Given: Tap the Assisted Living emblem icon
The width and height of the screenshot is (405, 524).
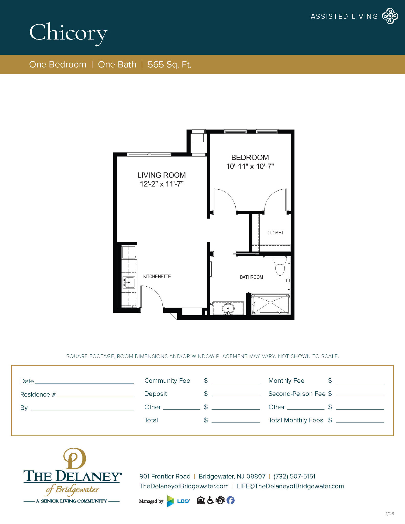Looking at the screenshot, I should (x=390, y=16).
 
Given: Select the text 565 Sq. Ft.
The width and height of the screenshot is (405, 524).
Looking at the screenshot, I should (x=169, y=64).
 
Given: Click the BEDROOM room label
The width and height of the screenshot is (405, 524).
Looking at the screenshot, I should (x=250, y=157).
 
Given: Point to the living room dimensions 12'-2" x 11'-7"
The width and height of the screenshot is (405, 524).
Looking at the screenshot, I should (x=161, y=184).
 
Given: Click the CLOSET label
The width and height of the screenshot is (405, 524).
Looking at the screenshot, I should (x=275, y=233).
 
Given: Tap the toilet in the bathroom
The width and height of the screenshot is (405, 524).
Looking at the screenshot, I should (x=280, y=267).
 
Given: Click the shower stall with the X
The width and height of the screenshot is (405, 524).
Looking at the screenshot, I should (x=271, y=304).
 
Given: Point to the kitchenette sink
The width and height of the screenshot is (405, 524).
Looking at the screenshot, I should (x=129, y=282).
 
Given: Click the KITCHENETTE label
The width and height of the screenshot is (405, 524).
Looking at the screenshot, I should (x=157, y=277).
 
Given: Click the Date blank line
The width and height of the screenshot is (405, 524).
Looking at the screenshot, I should (x=84, y=381).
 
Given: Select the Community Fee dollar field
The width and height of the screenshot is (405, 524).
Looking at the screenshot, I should (x=236, y=381).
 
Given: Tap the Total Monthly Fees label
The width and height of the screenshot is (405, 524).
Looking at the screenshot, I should (x=296, y=420).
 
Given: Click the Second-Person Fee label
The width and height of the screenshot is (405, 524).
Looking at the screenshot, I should (x=297, y=394).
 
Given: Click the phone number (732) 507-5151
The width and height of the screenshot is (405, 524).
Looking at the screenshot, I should (x=294, y=476).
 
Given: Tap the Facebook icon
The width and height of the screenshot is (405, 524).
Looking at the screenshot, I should (x=231, y=500).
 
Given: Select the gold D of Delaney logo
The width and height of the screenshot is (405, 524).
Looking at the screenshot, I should (x=74, y=458).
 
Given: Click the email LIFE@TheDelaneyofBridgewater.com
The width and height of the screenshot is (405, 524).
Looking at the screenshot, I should (x=290, y=486).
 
